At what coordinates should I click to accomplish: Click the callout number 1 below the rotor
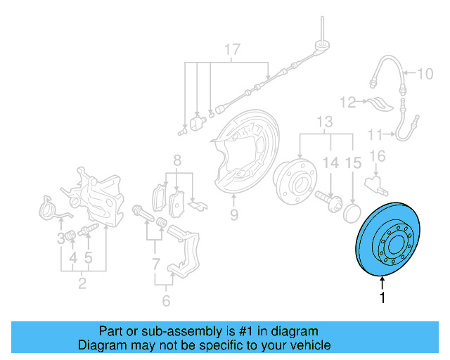click(382, 298)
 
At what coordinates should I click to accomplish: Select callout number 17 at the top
click(232, 50)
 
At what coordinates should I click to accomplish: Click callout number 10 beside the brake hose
click(427, 73)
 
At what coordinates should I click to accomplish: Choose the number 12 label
click(349, 103)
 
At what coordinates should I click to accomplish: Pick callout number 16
click(378, 155)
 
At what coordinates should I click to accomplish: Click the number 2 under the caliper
click(82, 284)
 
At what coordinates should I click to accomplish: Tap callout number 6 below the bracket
click(166, 301)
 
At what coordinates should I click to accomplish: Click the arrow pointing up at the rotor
click(382, 282)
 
